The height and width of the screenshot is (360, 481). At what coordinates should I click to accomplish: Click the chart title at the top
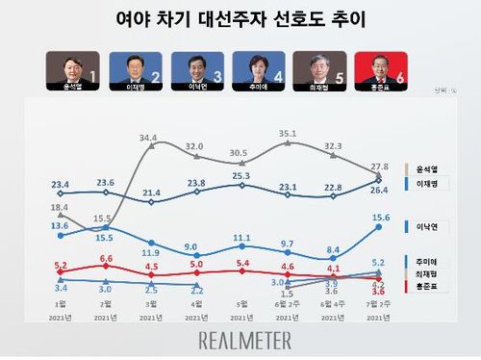pos(240,20)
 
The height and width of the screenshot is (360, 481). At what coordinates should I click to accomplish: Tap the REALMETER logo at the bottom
pos(240,339)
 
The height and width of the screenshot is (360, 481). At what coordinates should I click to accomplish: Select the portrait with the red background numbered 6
pos(381,72)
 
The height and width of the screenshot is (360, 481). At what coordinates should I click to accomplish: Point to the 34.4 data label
pos(149,138)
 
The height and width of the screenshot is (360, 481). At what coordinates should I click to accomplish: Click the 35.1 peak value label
pos(288,134)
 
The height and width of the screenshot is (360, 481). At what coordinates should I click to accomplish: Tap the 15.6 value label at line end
pos(380,217)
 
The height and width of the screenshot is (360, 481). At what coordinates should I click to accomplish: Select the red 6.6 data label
pos(106,258)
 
